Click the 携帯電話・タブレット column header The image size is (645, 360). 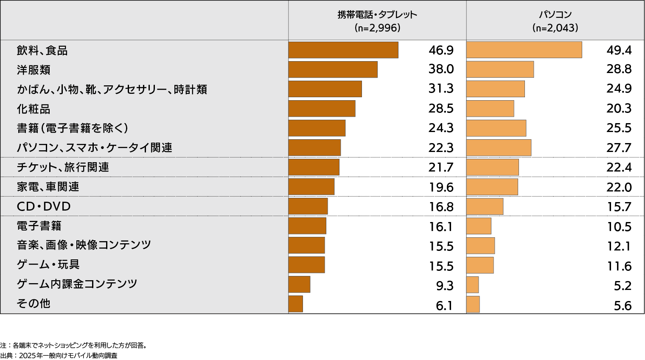click(377, 21)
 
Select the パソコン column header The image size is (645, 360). click(555, 21)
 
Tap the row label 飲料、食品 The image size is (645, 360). click(42, 51)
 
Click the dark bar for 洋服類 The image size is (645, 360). click(333, 70)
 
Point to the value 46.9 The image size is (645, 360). click(441, 51)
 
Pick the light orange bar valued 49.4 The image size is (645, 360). click(524, 50)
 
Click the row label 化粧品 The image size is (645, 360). click(34, 109)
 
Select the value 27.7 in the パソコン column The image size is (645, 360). click(619, 148)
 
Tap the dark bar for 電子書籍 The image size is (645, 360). click(307, 226)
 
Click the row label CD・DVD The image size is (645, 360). click(43, 207)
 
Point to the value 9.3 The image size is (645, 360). click(445, 286)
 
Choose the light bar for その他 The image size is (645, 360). click(473, 304)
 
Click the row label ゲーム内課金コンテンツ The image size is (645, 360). click(77, 284)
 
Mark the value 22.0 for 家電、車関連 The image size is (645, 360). click(619, 187)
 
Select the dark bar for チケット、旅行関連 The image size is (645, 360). click(314, 167)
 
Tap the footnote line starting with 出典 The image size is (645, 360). click(59, 356)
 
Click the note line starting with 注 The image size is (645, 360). click(73, 345)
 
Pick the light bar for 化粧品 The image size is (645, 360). click(490, 109)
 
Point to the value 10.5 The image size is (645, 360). click(619, 227)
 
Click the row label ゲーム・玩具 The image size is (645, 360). click(48, 264)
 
